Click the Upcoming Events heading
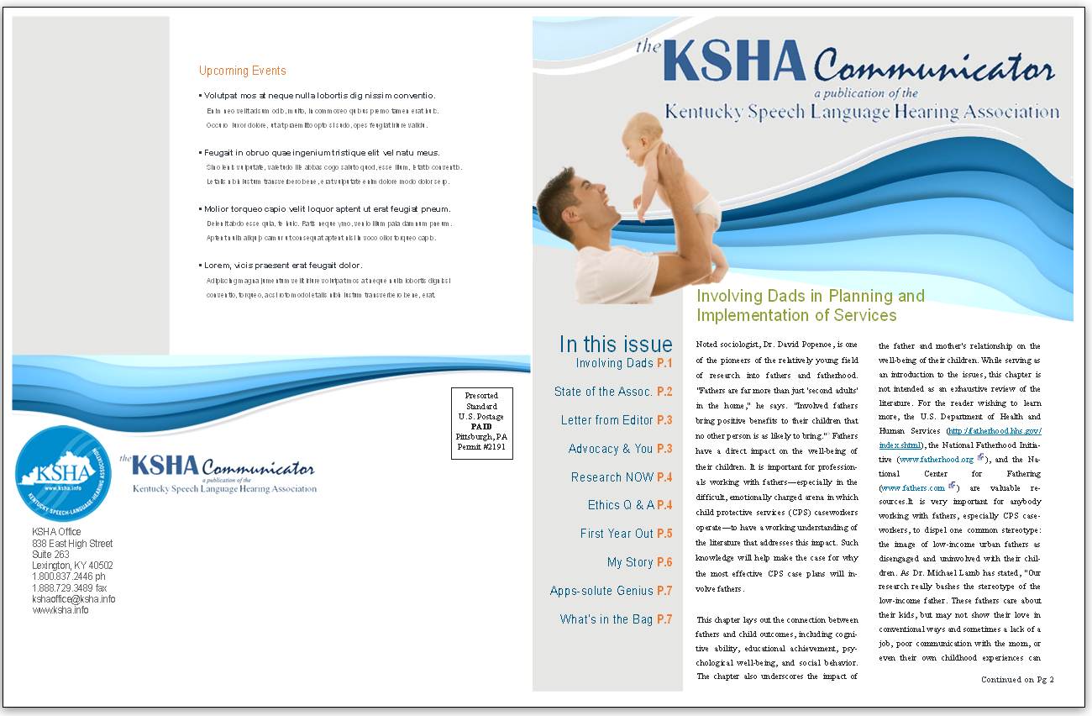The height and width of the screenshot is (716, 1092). (242, 71)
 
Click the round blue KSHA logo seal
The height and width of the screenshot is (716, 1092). (63, 473)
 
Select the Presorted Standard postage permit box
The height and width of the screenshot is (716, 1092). (481, 424)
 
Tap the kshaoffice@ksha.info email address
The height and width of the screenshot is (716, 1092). (73, 599)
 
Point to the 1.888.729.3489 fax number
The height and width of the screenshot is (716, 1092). (69, 588)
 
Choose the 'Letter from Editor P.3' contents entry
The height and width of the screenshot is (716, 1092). (616, 420)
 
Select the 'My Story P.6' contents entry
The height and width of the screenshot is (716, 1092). (639, 562)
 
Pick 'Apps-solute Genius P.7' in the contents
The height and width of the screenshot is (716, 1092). (611, 591)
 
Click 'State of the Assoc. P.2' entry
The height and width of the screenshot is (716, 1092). (612, 392)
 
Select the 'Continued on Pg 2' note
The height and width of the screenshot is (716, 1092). (1016, 679)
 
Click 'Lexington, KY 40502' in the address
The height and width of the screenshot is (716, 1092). (72, 566)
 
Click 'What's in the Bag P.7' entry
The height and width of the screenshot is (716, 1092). (616, 619)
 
